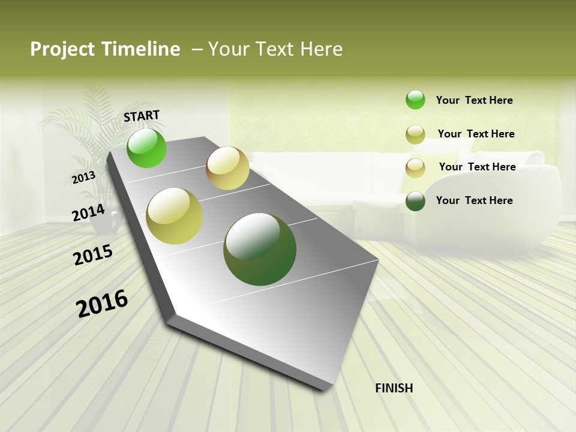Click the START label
tap(142, 116)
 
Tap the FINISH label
tap(394, 388)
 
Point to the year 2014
tap(88, 213)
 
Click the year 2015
tap(93, 255)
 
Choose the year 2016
tap(102, 304)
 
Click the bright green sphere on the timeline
tap(146, 148)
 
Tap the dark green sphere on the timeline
tap(260, 249)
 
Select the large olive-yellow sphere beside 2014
tap(175, 216)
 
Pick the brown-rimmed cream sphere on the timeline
tap(227, 168)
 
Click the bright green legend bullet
tap(415, 100)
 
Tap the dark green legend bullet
tap(415, 201)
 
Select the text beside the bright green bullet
tap(474, 100)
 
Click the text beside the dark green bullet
tap(474, 200)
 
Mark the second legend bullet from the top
tap(415, 134)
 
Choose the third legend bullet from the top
tap(415, 168)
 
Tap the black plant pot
tap(108, 222)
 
